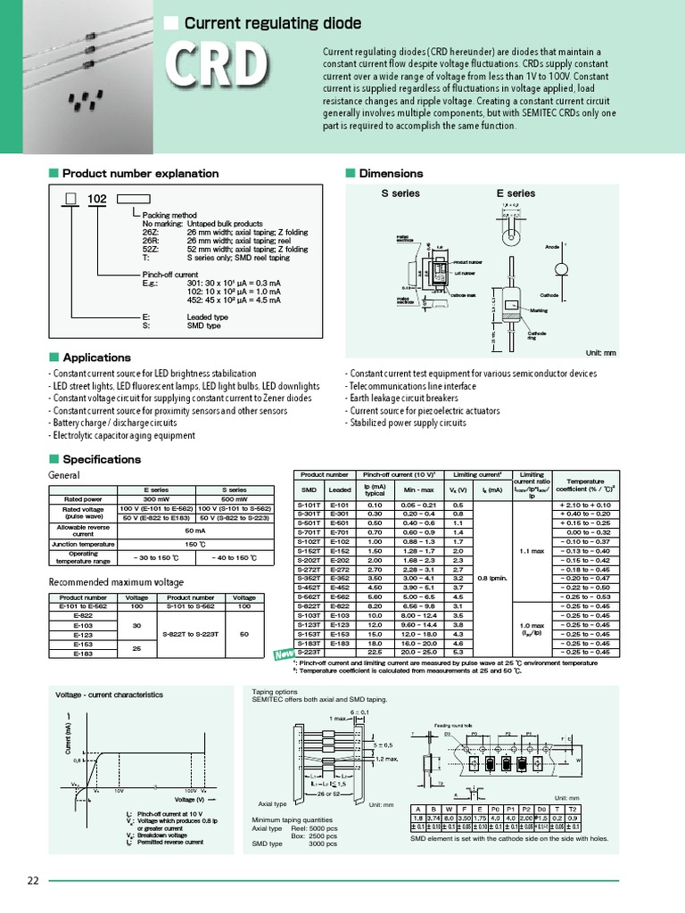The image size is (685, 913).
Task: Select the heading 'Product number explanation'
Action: pyautogui.click(x=140, y=173)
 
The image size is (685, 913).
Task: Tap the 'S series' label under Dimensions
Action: pyautogui.click(x=400, y=193)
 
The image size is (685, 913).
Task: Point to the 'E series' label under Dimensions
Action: pyautogui.click(x=516, y=193)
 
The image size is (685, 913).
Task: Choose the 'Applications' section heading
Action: pyautogui.click(x=96, y=358)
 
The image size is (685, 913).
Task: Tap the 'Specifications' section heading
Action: pyautogui.click(x=101, y=459)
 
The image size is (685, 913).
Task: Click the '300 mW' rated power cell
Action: pyautogui.click(x=157, y=500)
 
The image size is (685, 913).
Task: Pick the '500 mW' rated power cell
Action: pyautogui.click(x=234, y=500)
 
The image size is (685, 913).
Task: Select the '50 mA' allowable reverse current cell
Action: pyautogui.click(x=195, y=529)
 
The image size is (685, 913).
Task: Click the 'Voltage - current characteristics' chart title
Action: pyautogui.click(x=110, y=695)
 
